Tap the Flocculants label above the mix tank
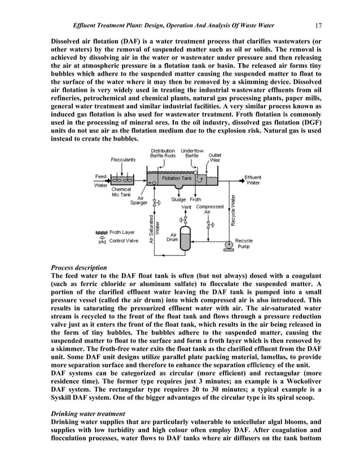(x=122, y=160)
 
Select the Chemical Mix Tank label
(x=122, y=192)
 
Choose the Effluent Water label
(x=253, y=180)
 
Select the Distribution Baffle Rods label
(x=163, y=153)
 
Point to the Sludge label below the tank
(x=179, y=199)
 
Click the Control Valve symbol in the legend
(x=102, y=241)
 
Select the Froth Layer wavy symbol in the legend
(x=102, y=232)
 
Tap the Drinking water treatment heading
(x=86, y=414)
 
